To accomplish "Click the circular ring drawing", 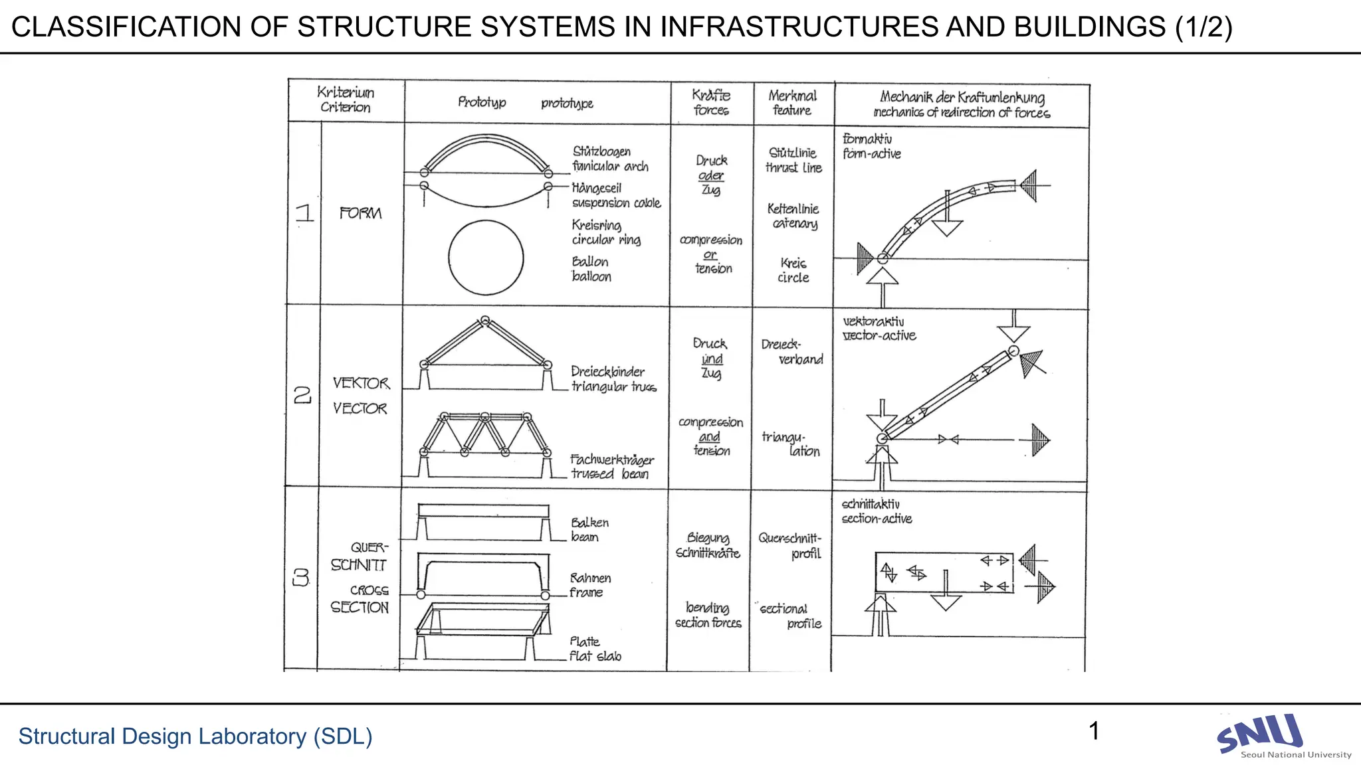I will point(486,258).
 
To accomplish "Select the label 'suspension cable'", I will point(616,203).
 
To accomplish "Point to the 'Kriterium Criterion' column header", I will point(346,100).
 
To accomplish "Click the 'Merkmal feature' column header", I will point(792,103).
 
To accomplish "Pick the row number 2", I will point(302,396).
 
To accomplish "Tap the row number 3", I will point(301,578).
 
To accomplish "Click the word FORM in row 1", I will point(360,213).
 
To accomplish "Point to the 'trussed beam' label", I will point(609,474).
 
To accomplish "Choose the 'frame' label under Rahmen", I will point(585,592).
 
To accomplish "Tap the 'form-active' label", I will point(872,154).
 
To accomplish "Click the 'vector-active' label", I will point(879,336).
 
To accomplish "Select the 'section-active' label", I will point(877,519).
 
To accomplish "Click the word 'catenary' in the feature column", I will point(795,224).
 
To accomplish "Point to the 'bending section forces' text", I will point(708,616).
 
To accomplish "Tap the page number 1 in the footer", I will point(1094,731).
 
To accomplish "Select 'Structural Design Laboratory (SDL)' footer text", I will point(195,736).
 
